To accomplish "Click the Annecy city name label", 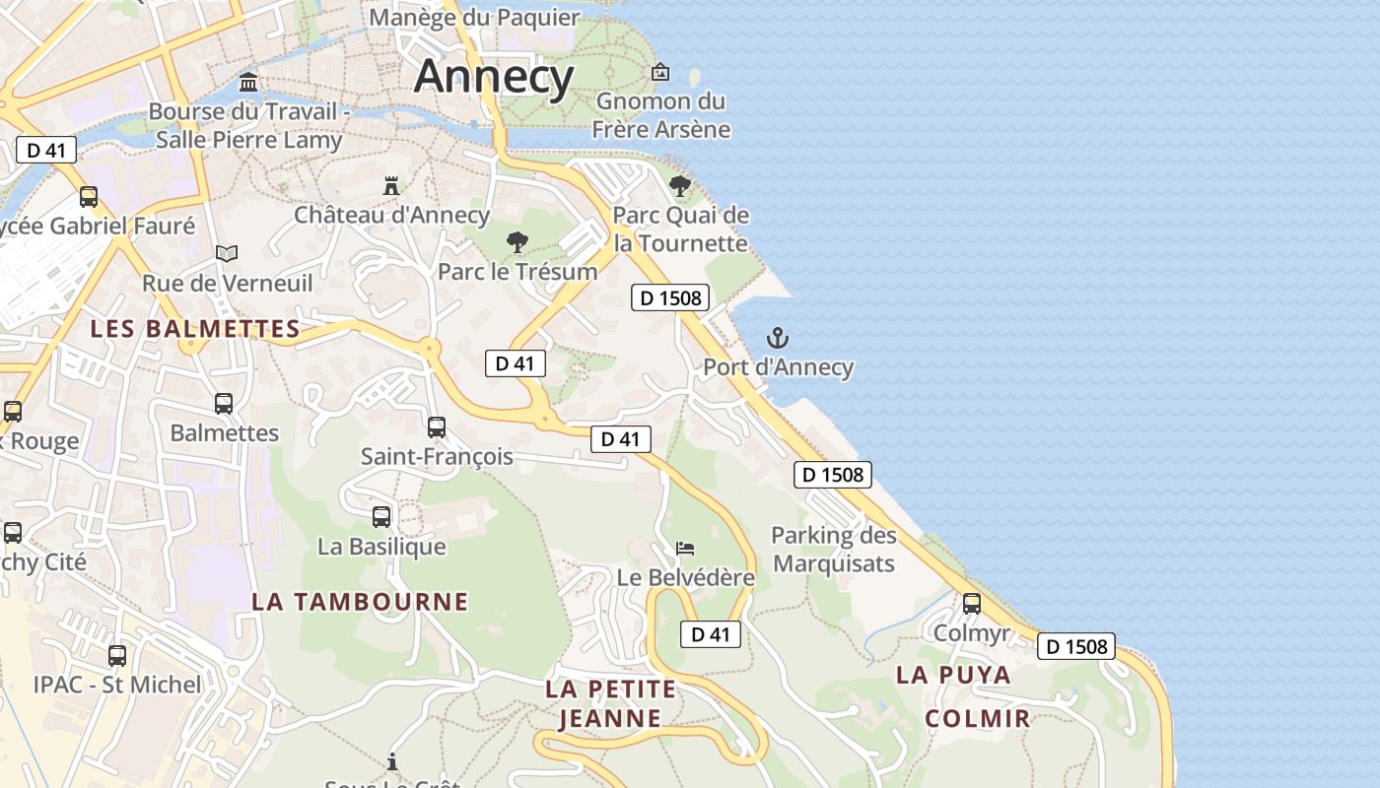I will (x=494, y=77).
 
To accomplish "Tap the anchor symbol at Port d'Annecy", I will (x=778, y=339).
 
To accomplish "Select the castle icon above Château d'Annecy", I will (x=391, y=185).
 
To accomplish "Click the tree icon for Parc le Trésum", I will (x=517, y=242).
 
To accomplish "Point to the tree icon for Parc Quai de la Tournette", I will (x=680, y=185).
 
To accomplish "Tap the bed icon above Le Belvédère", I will (x=685, y=548).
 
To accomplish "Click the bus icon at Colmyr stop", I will (x=972, y=604).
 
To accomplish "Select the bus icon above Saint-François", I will (x=437, y=427).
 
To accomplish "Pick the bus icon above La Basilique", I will (x=381, y=517).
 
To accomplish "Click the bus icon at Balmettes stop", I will (x=224, y=404).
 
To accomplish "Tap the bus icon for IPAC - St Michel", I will (x=117, y=655).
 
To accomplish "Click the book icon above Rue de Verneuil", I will (x=227, y=254).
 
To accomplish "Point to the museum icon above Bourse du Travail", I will (x=248, y=82).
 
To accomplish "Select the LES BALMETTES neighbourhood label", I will (x=195, y=329).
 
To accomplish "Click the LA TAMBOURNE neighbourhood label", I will (x=360, y=601).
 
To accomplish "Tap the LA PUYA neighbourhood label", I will (x=953, y=675).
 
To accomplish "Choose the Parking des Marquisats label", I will (x=834, y=550).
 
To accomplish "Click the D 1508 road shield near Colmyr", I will (x=1075, y=646).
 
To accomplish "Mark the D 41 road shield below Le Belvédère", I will (x=710, y=634).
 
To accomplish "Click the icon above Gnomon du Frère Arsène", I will (x=660, y=72).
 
